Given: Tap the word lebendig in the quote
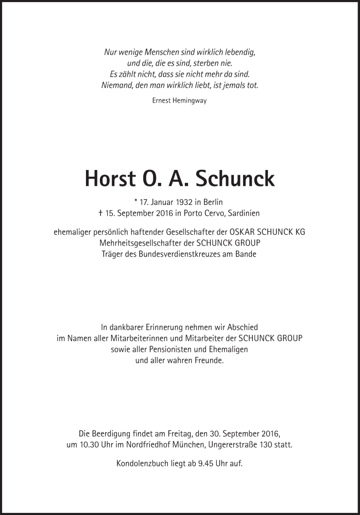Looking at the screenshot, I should point(238,52).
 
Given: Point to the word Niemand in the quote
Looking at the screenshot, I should point(116,85).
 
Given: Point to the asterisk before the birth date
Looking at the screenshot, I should point(135,202).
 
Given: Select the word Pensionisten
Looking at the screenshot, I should point(167,349).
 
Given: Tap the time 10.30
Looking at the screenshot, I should point(88,445).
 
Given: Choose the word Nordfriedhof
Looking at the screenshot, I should point(149,445).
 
